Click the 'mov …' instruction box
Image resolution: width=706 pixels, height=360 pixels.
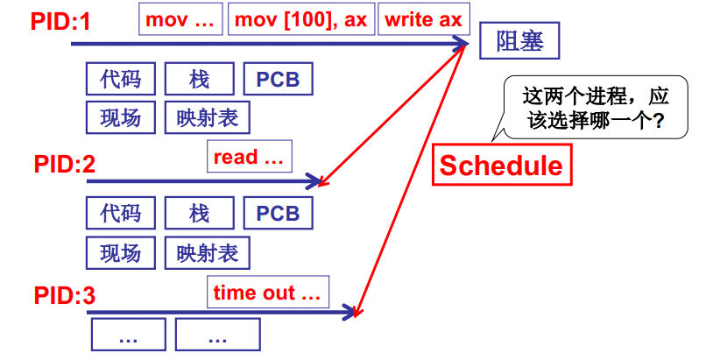pyautogui.click(x=180, y=19)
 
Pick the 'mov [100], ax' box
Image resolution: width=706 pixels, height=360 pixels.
pyautogui.click(x=300, y=19)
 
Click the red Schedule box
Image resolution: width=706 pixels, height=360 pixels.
pyautogui.click(x=502, y=165)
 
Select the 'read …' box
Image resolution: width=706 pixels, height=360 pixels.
pyautogui.click(x=250, y=158)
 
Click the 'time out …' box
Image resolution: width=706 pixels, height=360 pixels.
pyautogui.click(x=268, y=293)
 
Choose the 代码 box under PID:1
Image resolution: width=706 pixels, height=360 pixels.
pyautogui.click(x=120, y=80)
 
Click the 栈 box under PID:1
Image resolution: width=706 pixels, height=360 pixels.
pyautogui.click(x=199, y=80)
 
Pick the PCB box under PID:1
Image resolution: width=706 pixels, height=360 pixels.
pyautogui.click(x=278, y=80)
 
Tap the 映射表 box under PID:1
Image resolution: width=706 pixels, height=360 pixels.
pyautogui.click(x=207, y=117)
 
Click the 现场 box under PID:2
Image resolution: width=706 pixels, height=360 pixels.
pyautogui.click(x=120, y=253)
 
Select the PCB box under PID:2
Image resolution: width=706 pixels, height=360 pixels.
pyautogui.click(x=278, y=213)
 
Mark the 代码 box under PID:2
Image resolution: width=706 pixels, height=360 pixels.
pyautogui.click(x=120, y=213)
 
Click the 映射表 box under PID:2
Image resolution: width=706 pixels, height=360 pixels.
pyautogui.click(x=207, y=253)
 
